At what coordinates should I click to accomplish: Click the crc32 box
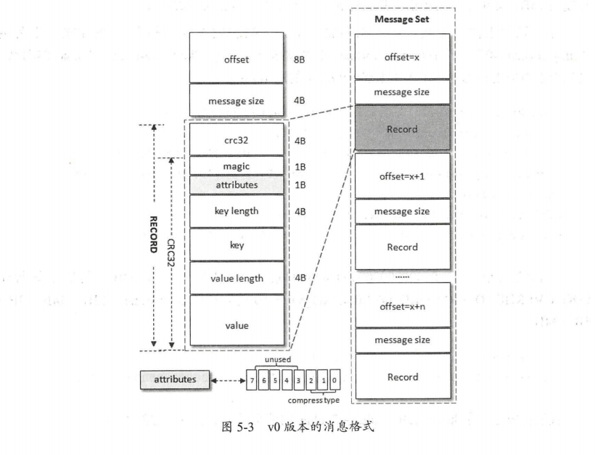[237, 138]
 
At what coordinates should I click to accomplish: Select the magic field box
[237, 166]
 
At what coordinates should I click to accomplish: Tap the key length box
[237, 211]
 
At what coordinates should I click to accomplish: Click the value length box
[237, 277]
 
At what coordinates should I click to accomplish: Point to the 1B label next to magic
[300, 166]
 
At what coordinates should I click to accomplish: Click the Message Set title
[401, 20]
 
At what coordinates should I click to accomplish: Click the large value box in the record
[237, 325]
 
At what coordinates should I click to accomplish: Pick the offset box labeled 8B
[237, 60]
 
